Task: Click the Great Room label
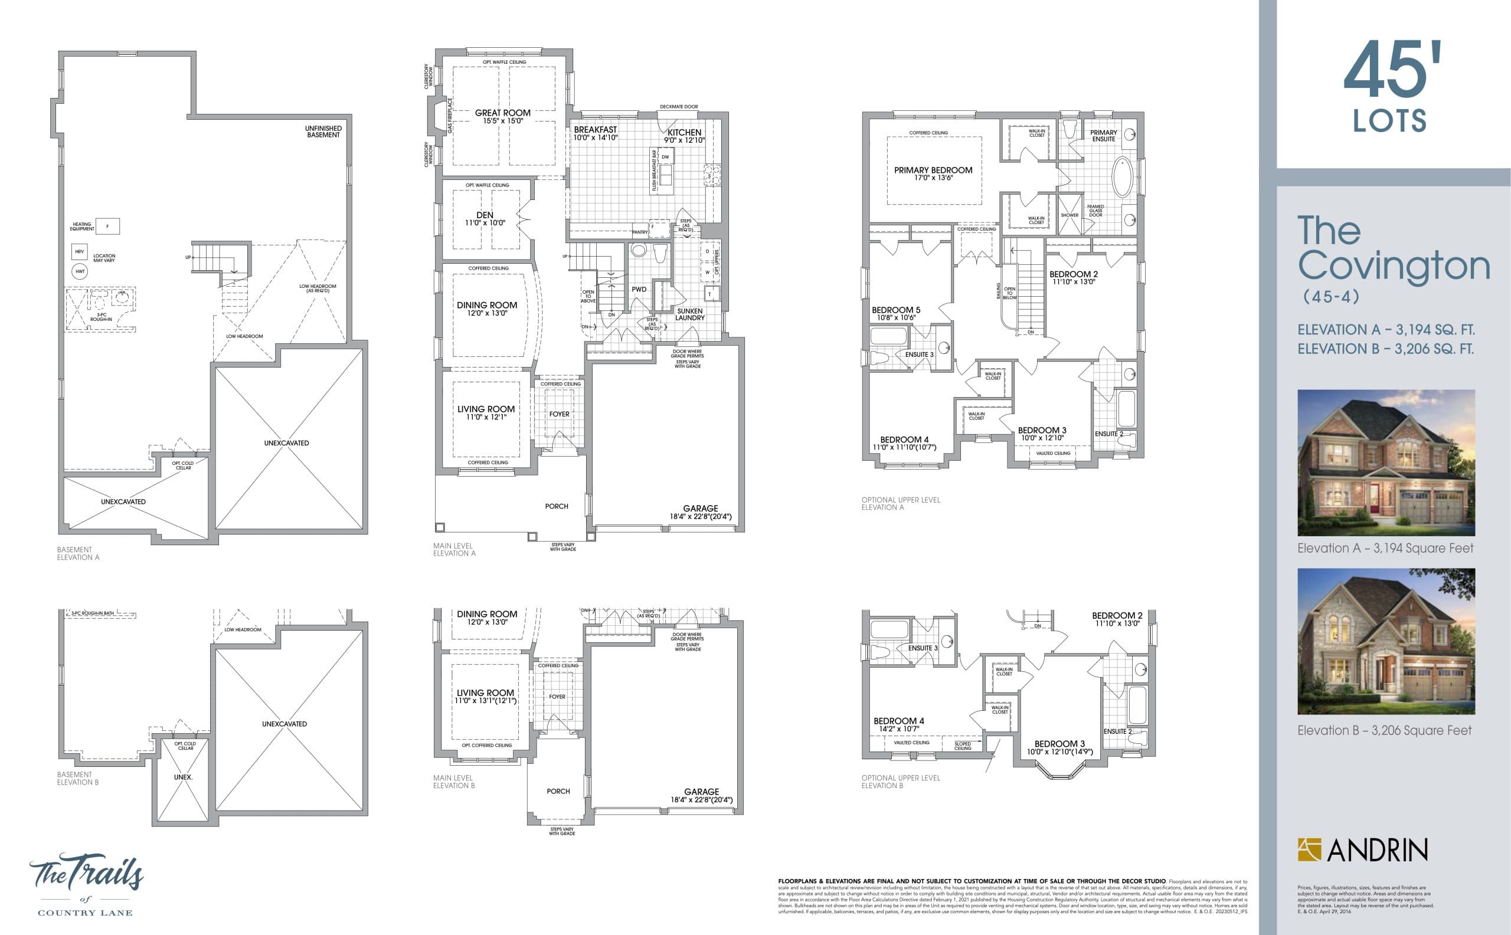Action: [502, 113]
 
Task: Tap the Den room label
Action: [485, 215]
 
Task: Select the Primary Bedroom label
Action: [933, 170]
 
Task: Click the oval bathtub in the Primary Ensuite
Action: [1121, 177]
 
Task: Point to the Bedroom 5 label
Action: [895, 310]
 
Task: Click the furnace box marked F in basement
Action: [107, 227]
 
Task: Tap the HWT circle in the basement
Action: [80, 271]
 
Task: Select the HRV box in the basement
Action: [79, 252]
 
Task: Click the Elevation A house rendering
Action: [1386, 462]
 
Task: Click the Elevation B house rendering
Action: [1386, 641]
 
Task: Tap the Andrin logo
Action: [1362, 849]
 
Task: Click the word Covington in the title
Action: [1394, 266]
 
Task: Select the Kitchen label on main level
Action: [684, 132]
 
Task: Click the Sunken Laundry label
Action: [690, 314]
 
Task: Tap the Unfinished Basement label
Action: [323, 131]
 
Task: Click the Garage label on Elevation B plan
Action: [701, 792]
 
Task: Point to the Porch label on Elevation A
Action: [556, 506]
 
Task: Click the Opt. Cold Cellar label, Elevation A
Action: [183, 465]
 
